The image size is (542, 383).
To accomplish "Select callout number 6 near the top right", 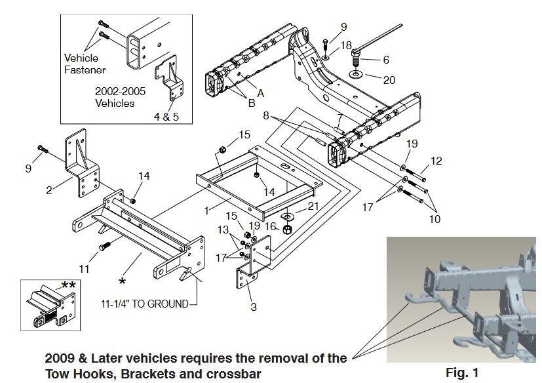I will (386, 60).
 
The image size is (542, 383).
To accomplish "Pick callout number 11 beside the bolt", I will (85, 268).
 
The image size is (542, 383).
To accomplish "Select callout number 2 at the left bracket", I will (49, 190).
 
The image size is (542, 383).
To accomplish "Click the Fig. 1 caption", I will (461, 373).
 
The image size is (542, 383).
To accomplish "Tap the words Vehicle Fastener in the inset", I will (85, 64).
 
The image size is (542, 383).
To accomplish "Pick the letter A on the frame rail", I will (260, 94).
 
